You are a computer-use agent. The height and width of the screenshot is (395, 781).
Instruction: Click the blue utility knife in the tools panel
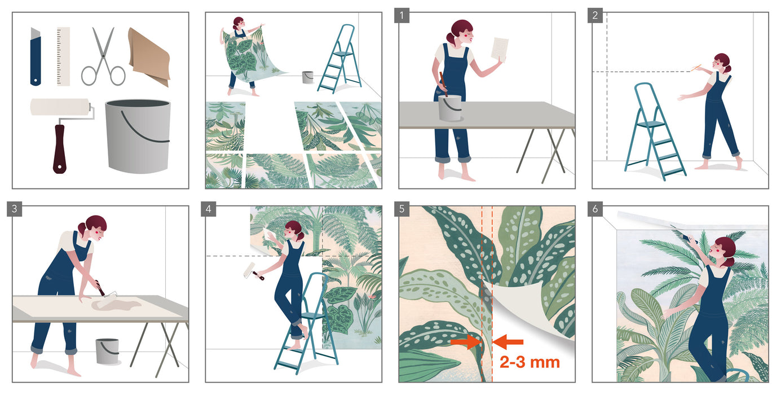tap(36, 56)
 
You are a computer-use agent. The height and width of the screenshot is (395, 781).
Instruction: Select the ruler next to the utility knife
tap(63, 56)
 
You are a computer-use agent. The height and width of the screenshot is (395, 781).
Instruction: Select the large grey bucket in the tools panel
tap(138, 135)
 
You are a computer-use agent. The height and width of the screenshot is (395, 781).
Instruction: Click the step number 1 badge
tap(401, 15)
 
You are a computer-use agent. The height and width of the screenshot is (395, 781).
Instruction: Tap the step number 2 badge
tap(595, 15)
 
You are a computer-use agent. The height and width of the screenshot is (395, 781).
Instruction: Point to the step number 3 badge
tap(15, 209)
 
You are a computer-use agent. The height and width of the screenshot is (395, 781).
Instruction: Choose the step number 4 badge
tap(208, 209)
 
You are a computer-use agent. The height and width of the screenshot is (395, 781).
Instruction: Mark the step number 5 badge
tap(401, 209)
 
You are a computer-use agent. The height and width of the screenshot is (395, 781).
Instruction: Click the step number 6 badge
tap(595, 209)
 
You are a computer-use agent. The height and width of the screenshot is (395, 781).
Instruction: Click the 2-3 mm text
tap(530, 362)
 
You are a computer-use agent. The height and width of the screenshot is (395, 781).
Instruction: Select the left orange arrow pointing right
tap(465, 342)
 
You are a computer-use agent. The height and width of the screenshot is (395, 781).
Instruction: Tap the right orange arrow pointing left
tap(509, 342)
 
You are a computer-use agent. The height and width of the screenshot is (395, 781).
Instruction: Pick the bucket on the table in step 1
tap(449, 107)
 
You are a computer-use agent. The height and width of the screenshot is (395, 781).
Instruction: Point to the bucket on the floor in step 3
tap(107, 351)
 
